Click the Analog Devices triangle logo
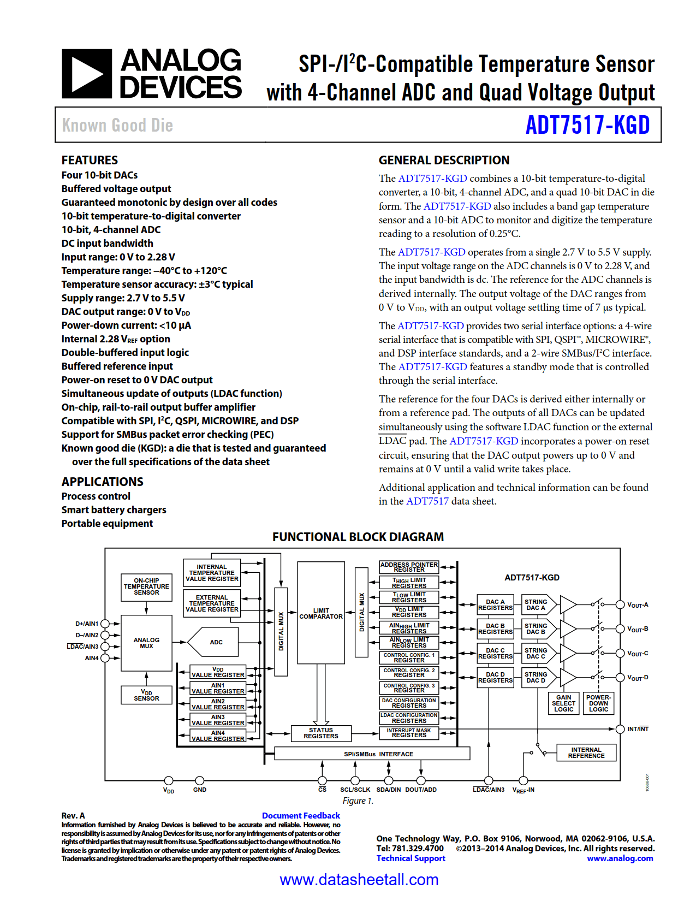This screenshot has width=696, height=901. [x=87, y=74]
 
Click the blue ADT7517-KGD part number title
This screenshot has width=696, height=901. [x=587, y=125]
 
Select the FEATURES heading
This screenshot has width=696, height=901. [x=90, y=160]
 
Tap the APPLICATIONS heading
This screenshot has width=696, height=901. [x=102, y=482]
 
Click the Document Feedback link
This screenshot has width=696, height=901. [x=301, y=815]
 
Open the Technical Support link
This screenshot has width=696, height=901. [x=411, y=858]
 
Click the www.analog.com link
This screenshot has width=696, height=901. [x=620, y=858]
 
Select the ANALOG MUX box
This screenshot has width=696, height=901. [x=146, y=643]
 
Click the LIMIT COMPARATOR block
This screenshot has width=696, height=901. [x=321, y=613]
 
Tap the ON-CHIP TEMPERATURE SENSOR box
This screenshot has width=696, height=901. [x=146, y=586]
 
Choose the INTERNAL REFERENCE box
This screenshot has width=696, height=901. [x=586, y=752]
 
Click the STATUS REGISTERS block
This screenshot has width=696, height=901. [x=321, y=733]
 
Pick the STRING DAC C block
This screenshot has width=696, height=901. [x=536, y=653]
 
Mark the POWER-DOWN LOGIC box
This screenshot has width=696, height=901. [x=598, y=703]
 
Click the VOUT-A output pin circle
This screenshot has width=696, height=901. [x=620, y=604]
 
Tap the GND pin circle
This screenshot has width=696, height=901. [x=200, y=780]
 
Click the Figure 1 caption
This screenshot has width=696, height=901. [x=358, y=801]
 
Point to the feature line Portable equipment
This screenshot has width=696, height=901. [x=107, y=523]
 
